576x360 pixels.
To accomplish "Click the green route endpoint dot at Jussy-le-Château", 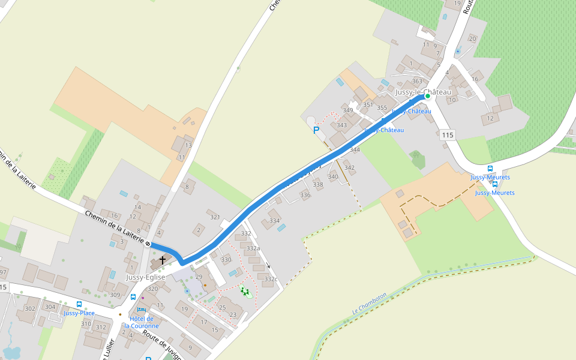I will [x=428, y=96].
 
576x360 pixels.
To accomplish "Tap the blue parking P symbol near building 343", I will [x=316, y=130].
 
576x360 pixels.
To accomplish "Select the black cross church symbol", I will [x=163, y=260].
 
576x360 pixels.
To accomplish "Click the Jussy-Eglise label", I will [x=145, y=277].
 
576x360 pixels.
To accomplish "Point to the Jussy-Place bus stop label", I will [x=79, y=313].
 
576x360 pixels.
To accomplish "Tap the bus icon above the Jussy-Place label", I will [x=79, y=304].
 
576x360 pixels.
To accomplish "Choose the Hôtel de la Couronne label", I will [x=142, y=322].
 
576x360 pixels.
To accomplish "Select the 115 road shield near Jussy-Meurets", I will [x=447, y=135].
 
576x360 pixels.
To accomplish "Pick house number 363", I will [x=417, y=82].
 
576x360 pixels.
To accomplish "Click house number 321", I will [x=215, y=217].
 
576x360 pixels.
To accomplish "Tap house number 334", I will [x=274, y=221].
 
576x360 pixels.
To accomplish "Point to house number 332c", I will [x=271, y=279].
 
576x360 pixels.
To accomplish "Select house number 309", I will [x=115, y=295].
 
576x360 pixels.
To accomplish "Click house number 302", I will [x=29, y=308].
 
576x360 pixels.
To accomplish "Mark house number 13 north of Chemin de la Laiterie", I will [x=188, y=145].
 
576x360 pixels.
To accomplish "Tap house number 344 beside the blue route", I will [x=355, y=149].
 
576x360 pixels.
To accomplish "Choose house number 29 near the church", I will [x=199, y=277].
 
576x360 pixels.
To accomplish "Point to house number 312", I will [x=101, y=327].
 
